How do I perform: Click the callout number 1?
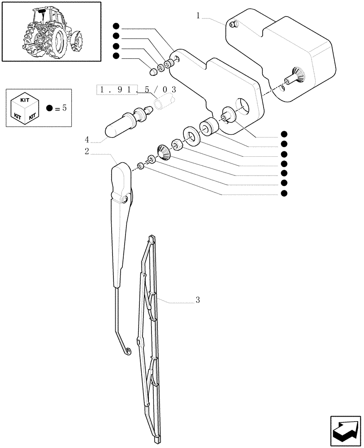pos(198,16)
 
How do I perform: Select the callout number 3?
pos(197,300)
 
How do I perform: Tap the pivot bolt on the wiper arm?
pos(125,198)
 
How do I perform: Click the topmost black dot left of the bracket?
pos(116,26)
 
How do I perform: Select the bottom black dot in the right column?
pos(283,193)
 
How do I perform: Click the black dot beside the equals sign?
pos(49,108)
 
